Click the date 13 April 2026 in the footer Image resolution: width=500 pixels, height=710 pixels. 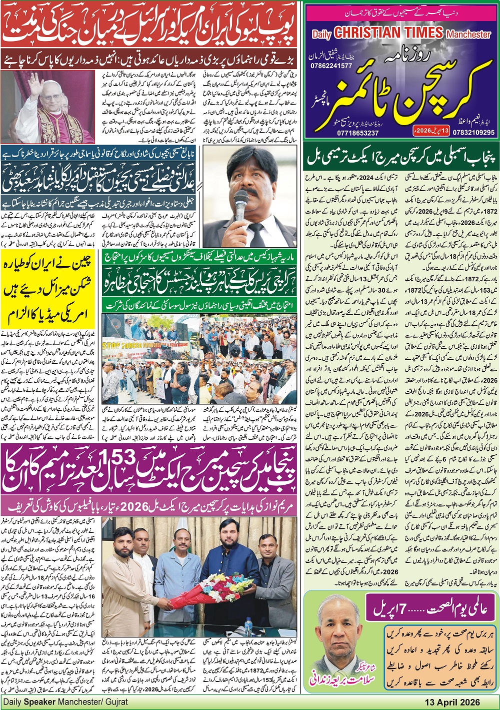[x=452, y=702]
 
